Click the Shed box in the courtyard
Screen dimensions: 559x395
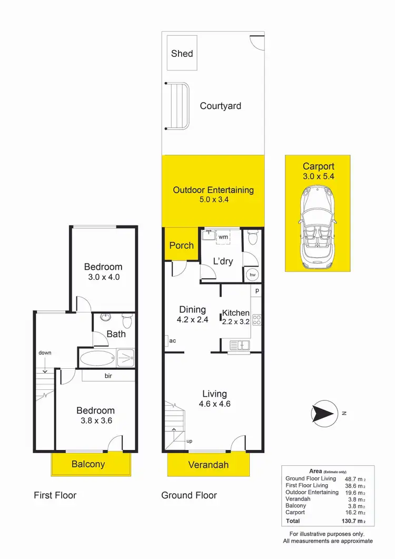(x=182, y=53)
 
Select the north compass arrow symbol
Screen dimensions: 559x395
(x=323, y=413)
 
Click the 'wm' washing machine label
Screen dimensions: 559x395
(x=223, y=237)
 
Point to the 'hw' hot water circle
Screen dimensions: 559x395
(x=252, y=274)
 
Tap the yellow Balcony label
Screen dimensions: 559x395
(x=88, y=464)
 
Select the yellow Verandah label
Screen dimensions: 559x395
(x=209, y=465)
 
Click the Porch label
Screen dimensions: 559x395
(x=181, y=246)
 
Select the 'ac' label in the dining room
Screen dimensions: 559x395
(x=172, y=341)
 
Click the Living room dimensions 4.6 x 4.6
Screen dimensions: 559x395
(x=214, y=405)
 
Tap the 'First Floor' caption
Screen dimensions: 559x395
(x=55, y=495)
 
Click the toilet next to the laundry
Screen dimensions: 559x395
(x=253, y=239)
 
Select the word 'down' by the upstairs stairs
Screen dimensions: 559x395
(x=45, y=352)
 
